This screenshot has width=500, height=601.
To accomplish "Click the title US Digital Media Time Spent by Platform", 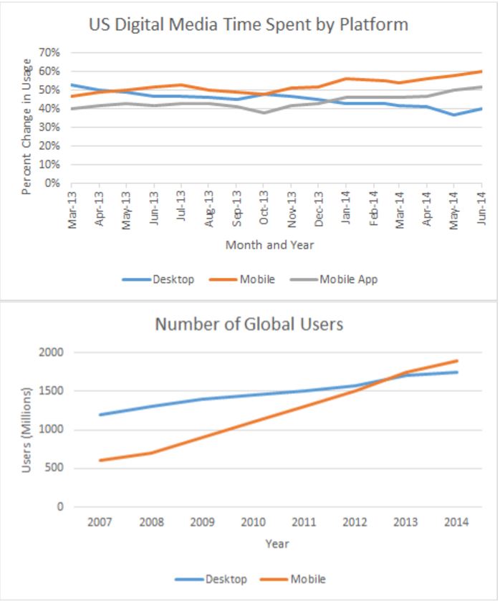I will click(x=249, y=25).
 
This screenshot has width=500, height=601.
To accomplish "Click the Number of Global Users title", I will click(x=249, y=324).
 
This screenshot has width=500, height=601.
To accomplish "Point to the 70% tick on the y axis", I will click(x=49, y=53).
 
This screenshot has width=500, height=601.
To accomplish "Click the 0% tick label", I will click(x=52, y=183).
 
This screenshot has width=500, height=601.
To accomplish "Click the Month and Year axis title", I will click(x=269, y=245).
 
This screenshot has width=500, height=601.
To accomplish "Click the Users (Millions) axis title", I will click(x=27, y=430).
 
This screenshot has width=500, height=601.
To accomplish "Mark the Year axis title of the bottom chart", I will click(x=277, y=544).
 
